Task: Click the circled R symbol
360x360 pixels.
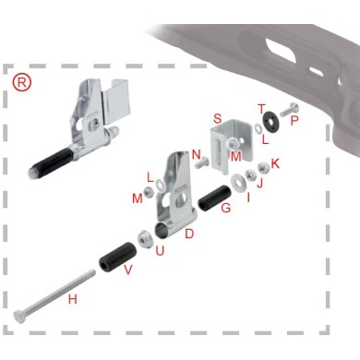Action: tap(23, 81)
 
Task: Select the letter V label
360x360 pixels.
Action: tap(127, 270)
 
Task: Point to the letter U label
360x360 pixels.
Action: tap(160, 250)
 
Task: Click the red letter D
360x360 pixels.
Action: tap(188, 234)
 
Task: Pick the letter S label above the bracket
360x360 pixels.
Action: tap(218, 118)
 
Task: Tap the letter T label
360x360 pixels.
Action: tap(261, 108)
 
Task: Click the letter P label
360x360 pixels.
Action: tap(294, 119)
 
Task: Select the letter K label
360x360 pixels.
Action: tap(275, 162)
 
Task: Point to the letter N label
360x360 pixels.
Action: tap(197, 155)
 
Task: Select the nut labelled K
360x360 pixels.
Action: tap(265, 168)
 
